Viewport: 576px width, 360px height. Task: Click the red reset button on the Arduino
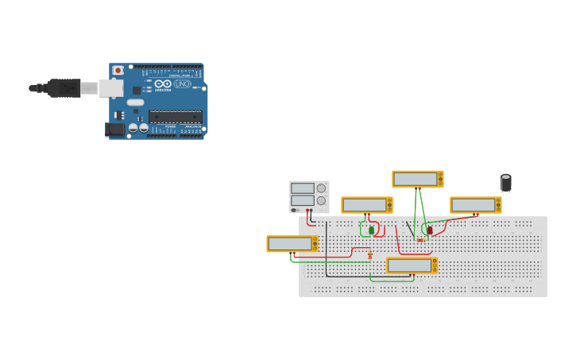tap(118, 70)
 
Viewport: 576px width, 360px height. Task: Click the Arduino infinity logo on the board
tap(164, 83)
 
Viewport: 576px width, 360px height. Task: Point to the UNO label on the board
tap(182, 83)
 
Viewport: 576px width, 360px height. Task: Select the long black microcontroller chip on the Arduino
tap(175, 116)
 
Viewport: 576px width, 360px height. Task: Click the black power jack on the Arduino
tap(115, 129)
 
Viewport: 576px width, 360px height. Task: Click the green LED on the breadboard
tap(371, 230)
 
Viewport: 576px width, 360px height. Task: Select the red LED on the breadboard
tap(430, 230)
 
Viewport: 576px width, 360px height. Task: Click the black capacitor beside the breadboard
tap(506, 184)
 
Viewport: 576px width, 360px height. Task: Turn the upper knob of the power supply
tap(321, 188)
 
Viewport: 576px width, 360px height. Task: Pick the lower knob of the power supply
tap(321, 200)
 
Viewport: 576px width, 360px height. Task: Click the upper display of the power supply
tap(302, 188)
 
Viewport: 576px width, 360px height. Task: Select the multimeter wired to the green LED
tap(367, 204)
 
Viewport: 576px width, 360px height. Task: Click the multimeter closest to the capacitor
tap(475, 204)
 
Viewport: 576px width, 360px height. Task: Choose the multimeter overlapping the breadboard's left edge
tap(292, 243)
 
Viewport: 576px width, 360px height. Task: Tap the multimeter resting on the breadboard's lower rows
tap(412, 265)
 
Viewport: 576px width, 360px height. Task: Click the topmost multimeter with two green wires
tap(417, 179)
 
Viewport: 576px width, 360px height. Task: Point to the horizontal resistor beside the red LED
tap(419, 240)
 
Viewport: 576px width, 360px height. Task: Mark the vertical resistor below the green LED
tap(370, 254)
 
